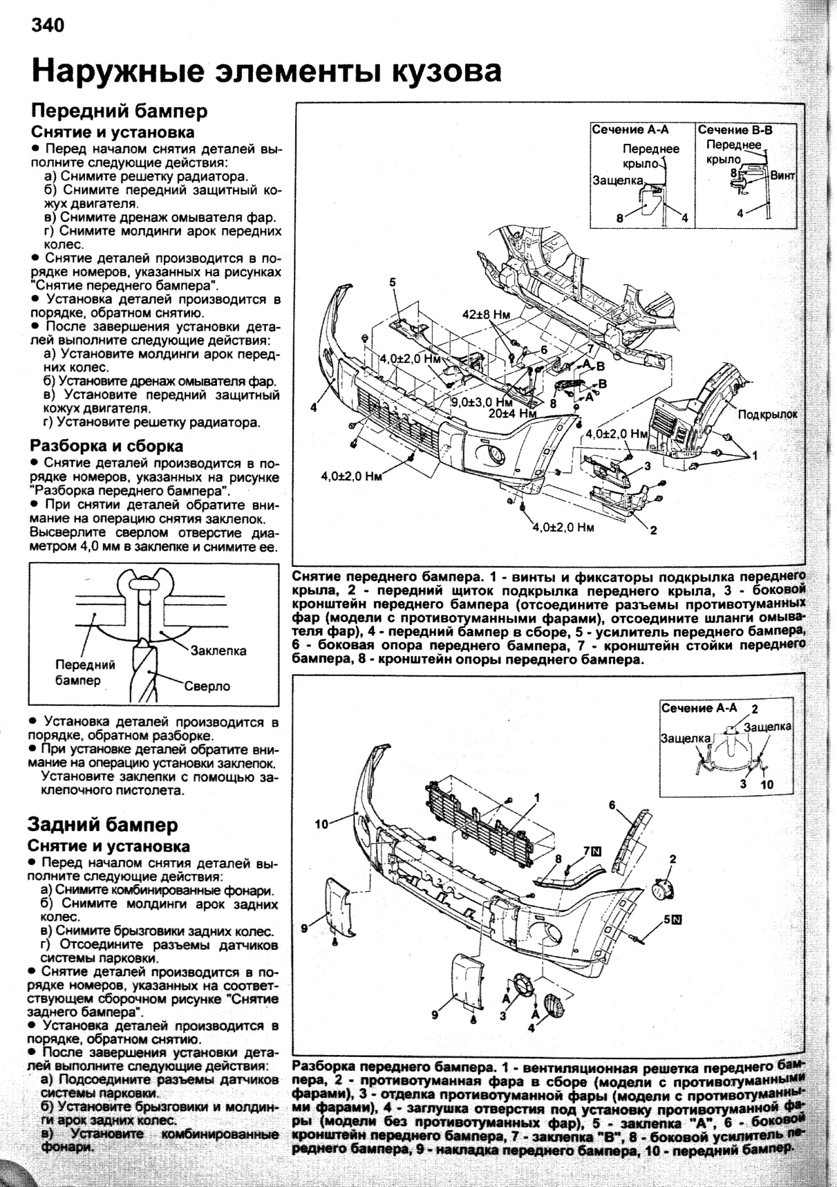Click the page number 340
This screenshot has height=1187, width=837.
47,26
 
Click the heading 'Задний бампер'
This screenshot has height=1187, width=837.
102,824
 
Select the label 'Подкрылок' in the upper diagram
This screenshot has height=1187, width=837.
767,414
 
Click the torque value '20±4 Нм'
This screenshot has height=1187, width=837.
512,413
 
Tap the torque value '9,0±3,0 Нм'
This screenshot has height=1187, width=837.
482,402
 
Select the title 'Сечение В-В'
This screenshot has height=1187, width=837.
735,129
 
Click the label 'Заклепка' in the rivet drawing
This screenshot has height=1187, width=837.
218,651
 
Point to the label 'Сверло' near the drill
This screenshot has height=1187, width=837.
207,686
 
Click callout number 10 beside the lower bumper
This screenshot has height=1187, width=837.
321,824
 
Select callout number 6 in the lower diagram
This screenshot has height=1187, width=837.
612,805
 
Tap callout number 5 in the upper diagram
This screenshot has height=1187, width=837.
392,281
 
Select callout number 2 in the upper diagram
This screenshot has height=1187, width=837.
652,531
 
